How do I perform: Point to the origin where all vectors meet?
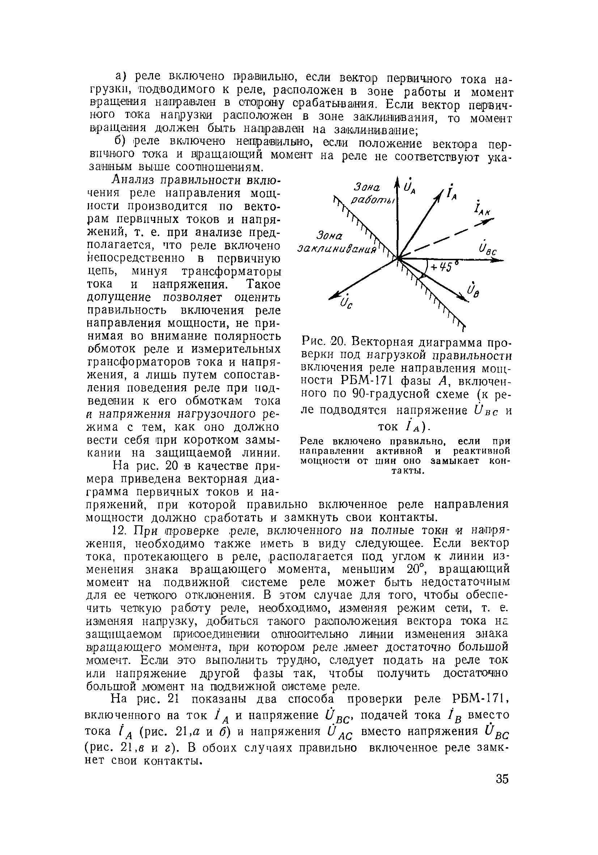[398, 257]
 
